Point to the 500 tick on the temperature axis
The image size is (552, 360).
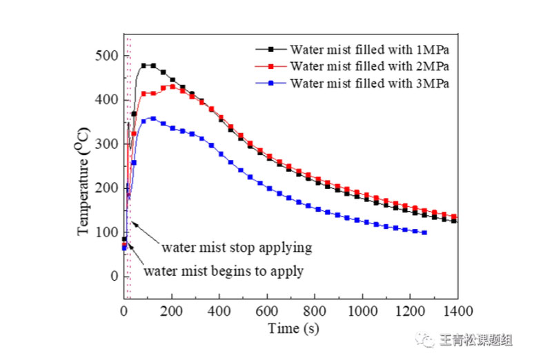pos(108,55)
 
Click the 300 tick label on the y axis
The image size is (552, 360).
pos(108,144)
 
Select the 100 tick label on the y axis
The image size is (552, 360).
pos(108,232)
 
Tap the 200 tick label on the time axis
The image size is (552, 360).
pos(172,310)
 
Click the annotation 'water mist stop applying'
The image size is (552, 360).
pos(237,246)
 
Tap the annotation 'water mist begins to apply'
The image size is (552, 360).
pos(224,270)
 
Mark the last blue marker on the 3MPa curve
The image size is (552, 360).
pos(424,232)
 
